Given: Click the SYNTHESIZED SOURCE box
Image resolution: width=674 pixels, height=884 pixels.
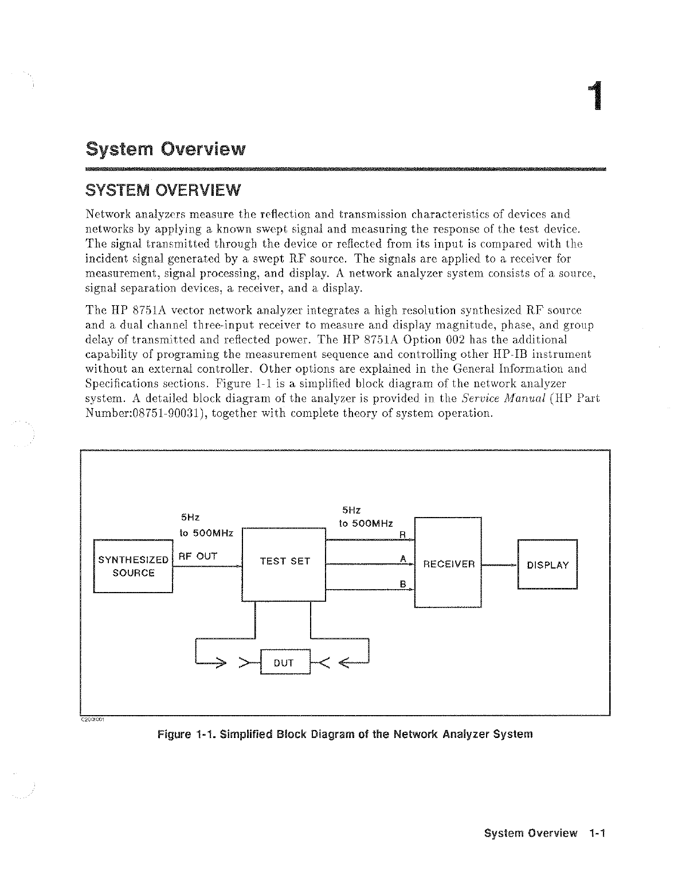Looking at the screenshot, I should (x=133, y=566).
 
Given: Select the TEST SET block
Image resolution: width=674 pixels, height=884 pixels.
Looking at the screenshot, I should (x=284, y=562).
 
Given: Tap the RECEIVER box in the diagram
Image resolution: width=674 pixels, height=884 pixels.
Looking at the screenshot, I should (x=448, y=564).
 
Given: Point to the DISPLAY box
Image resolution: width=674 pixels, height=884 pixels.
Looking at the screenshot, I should (x=547, y=565).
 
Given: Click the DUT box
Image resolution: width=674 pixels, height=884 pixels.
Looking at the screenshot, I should (x=285, y=663).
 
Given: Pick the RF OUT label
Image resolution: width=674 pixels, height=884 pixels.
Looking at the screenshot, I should (x=198, y=556).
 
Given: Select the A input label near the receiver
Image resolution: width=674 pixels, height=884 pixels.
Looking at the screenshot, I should (x=403, y=558).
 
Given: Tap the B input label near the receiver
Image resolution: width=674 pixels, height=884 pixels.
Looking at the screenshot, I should (x=403, y=584).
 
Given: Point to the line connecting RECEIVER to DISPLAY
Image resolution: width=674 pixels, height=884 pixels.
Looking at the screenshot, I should (x=499, y=565).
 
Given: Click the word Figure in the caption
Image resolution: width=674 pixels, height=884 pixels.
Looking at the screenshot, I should (x=174, y=733).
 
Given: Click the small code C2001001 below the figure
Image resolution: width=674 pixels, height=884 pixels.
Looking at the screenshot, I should (x=92, y=720).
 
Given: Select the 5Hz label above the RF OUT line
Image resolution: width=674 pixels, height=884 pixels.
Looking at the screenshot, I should (x=190, y=517).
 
